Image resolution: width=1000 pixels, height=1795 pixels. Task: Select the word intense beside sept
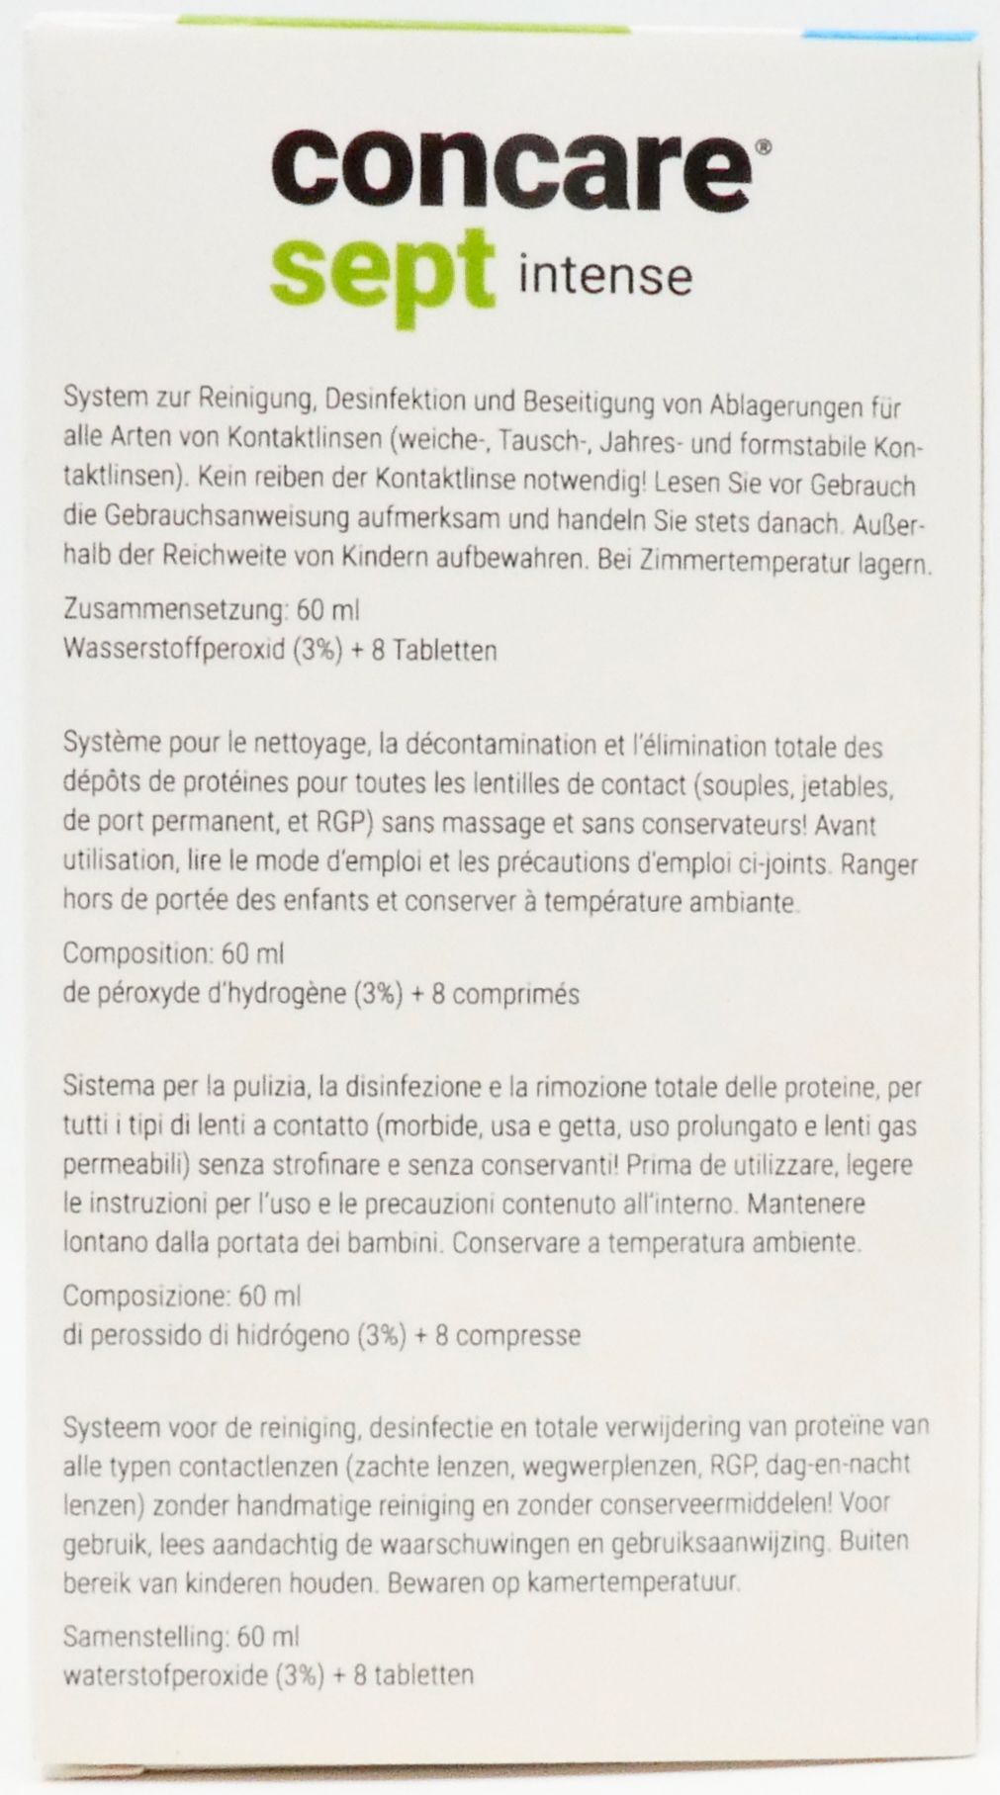point(604,274)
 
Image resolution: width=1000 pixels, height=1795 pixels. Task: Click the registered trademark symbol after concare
point(763,145)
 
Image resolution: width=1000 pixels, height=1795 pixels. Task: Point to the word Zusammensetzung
point(174,610)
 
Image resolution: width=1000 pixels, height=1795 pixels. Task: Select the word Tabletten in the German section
point(442,650)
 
